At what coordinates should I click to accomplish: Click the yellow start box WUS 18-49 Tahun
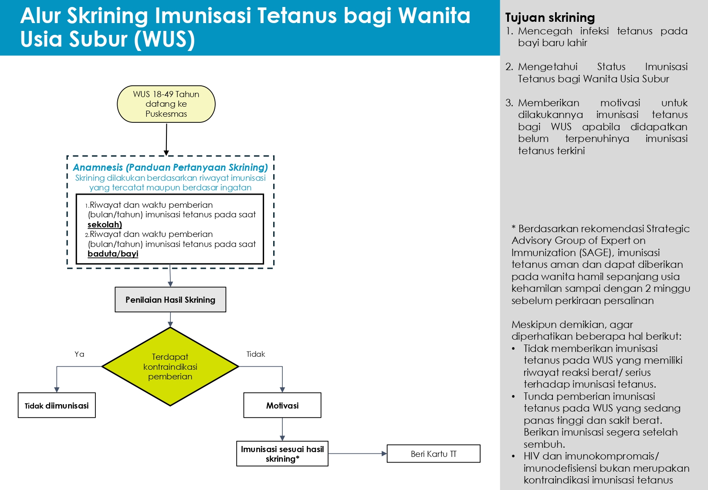[x=166, y=104]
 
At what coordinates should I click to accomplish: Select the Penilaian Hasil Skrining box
[x=170, y=300]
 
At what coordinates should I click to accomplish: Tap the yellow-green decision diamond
[x=170, y=367]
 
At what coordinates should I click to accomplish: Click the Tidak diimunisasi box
[x=57, y=406]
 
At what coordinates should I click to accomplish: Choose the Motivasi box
[x=282, y=406]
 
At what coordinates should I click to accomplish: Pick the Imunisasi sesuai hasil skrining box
[x=282, y=454]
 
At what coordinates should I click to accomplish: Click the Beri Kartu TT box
[x=434, y=454]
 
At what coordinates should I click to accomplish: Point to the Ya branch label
[x=79, y=354]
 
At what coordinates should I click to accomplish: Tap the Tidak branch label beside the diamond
[x=256, y=354]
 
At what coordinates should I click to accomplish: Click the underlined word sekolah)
[x=105, y=225]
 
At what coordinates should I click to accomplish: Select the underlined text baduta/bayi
[x=113, y=254]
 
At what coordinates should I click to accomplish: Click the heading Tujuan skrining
[x=550, y=17]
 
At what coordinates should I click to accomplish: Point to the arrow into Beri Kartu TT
[x=357, y=454]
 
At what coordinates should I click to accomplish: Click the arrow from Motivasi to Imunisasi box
[x=282, y=429]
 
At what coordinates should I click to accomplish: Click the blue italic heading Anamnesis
[x=170, y=167]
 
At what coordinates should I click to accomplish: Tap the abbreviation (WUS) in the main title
[x=164, y=39]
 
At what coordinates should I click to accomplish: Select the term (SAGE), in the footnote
[x=596, y=253]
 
